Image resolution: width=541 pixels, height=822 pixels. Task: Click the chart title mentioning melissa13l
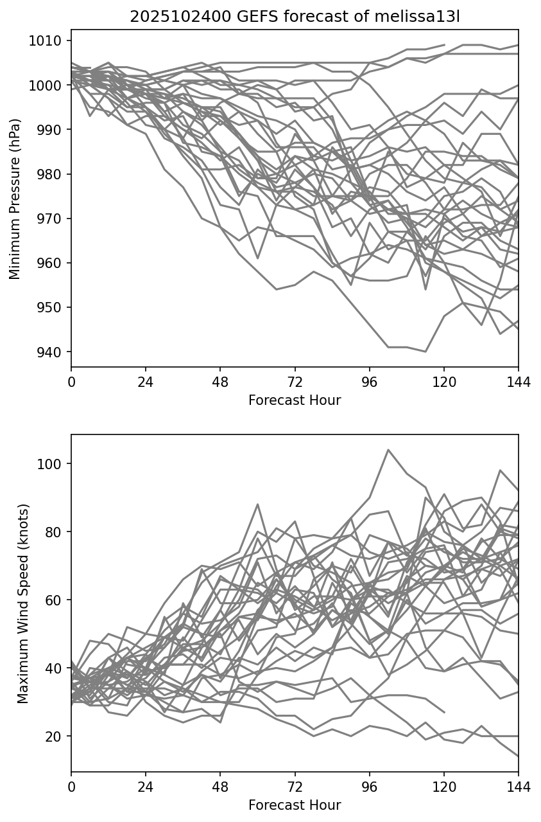(295, 17)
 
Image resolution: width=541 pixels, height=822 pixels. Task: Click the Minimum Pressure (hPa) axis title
(15, 198)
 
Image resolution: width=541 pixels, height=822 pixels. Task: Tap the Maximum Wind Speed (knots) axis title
(23, 603)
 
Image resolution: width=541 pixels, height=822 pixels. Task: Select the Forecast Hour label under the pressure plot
(295, 400)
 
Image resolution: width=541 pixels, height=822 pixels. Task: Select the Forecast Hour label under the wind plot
(295, 805)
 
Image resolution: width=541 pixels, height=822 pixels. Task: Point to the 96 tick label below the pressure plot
(369, 382)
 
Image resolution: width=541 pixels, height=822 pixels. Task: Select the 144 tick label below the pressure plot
(519, 382)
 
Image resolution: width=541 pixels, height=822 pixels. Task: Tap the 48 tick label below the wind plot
(220, 787)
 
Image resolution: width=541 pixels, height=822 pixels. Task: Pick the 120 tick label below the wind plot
(444, 787)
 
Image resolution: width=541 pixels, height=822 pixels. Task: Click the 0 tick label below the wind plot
(71, 787)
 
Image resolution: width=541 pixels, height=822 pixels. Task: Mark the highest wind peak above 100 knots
(388, 450)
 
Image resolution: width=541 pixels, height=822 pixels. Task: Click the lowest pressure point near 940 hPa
(425, 352)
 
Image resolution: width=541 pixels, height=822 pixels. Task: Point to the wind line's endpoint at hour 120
(444, 712)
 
